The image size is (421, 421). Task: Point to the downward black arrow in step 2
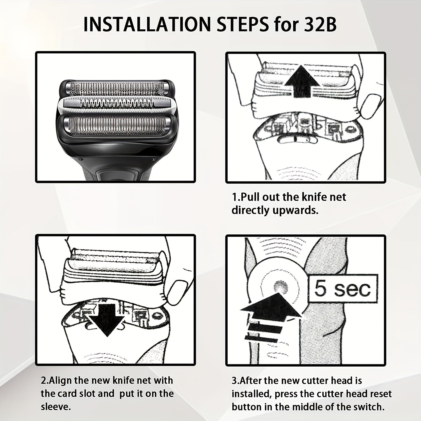pos(107,320)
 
